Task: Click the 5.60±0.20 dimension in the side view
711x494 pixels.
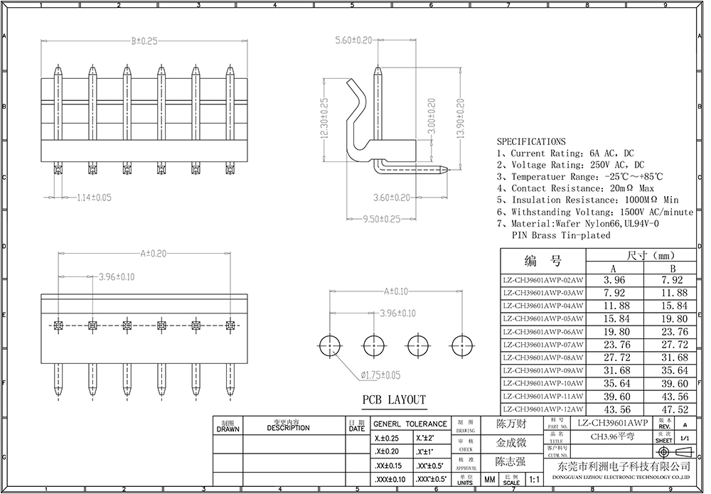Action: [354, 41]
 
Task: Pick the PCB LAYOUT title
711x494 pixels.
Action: [394, 400]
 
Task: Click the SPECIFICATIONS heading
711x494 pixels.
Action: [531, 141]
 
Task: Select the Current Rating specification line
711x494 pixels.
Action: [565, 153]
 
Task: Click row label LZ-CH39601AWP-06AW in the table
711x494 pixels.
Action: [542, 331]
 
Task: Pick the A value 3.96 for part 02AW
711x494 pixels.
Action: [613, 279]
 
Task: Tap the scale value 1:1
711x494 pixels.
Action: [535, 480]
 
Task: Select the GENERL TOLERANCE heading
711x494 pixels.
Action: [411, 424]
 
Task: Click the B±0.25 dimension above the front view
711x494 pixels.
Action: [144, 41]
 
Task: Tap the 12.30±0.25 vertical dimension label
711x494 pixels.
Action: [324, 121]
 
